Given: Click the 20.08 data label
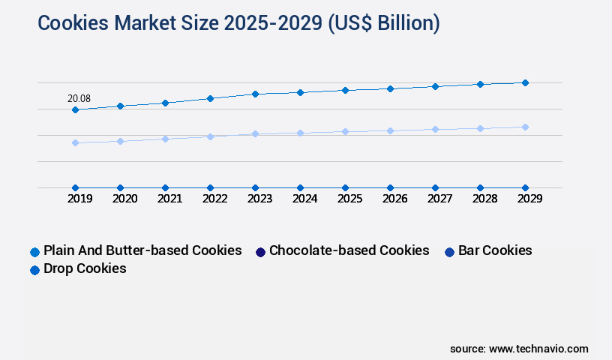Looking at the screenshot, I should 79,98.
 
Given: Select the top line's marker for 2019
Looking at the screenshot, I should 75,109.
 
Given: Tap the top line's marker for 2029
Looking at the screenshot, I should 525,82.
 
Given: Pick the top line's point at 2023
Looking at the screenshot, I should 255,94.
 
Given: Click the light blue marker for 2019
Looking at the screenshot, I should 75,142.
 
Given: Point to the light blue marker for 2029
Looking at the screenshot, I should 525,127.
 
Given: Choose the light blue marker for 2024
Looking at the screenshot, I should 300,133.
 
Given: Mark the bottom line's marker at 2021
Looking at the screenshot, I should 165,187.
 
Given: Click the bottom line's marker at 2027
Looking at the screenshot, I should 435,187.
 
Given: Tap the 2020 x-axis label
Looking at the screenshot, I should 124,199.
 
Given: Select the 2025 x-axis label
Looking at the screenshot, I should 349,199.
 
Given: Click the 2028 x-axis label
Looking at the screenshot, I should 484,199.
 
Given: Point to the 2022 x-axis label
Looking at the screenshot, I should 214,199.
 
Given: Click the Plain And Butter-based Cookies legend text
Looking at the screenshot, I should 142,250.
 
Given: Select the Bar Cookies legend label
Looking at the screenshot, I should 495,250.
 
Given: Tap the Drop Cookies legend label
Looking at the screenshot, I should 85,268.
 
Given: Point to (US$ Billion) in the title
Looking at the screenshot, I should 383,23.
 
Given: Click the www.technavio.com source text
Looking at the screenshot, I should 538,349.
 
